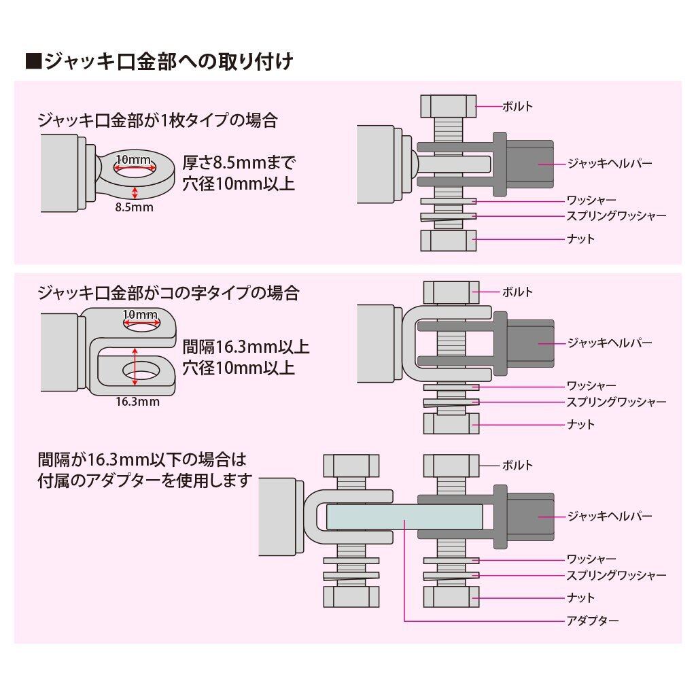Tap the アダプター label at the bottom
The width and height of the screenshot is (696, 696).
(x=593, y=621)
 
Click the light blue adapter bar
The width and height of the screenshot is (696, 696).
(x=404, y=517)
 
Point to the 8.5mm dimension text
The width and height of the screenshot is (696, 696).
(x=134, y=207)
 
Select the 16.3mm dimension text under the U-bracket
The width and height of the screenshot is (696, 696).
(x=137, y=402)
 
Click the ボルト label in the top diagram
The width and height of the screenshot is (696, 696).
(x=517, y=107)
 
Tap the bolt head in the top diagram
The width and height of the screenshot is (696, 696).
(x=449, y=106)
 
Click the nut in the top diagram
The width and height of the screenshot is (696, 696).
(x=449, y=240)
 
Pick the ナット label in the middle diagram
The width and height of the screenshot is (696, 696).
(x=580, y=424)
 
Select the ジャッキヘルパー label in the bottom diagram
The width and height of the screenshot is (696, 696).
(x=610, y=517)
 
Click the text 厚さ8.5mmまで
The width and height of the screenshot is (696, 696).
(x=239, y=163)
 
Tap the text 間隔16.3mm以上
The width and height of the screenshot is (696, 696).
(x=246, y=347)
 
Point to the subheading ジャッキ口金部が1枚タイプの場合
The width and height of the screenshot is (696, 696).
(x=158, y=120)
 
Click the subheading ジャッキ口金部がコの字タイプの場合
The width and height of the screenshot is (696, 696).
(x=169, y=293)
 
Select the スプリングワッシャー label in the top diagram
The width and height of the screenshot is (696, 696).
(x=616, y=216)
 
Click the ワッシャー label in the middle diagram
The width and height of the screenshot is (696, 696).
(x=592, y=386)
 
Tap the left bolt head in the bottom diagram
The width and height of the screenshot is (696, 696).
(x=351, y=466)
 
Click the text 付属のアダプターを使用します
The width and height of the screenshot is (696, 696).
(x=145, y=481)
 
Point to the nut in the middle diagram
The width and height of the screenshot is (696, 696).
(x=451, y=423)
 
